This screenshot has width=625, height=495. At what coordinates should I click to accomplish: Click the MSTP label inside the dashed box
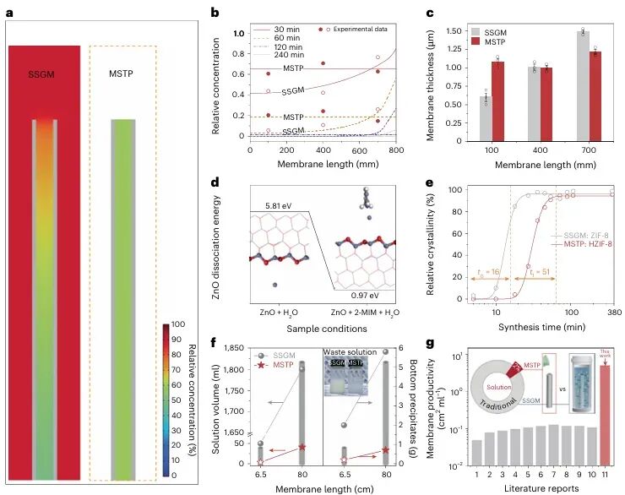[x=123, y=72]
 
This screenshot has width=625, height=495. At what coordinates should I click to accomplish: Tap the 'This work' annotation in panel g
[x=605, y=353]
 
